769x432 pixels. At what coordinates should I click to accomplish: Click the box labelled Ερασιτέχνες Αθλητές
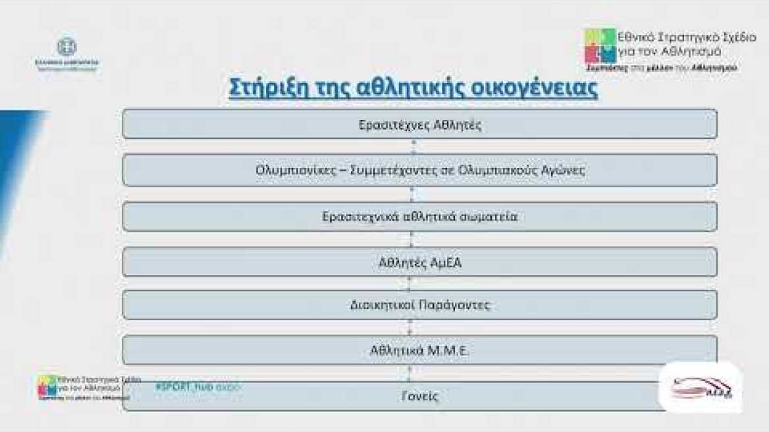[419, 124]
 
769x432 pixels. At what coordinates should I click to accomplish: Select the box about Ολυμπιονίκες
[419, 171]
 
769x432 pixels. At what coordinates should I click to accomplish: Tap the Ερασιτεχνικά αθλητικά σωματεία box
[419, 217]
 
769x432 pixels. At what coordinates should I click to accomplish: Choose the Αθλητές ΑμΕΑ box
[419, 262]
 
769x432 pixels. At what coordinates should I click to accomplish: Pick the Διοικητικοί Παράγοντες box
[419, 305]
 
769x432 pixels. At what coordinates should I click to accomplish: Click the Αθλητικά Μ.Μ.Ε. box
[419, 350]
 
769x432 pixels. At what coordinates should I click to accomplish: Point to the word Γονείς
[419, 396]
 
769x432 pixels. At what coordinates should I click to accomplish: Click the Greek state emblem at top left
[66, 47]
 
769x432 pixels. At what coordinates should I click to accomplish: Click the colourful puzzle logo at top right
[600, 45]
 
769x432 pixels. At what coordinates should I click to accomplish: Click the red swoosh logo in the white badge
[701, 388]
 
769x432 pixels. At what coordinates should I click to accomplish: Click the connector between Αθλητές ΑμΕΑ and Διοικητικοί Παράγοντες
[410, 283]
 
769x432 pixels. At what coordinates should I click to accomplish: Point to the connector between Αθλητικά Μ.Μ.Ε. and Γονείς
[410, 373]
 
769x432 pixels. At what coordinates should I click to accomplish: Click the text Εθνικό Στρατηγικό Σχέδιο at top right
[676, 38]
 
